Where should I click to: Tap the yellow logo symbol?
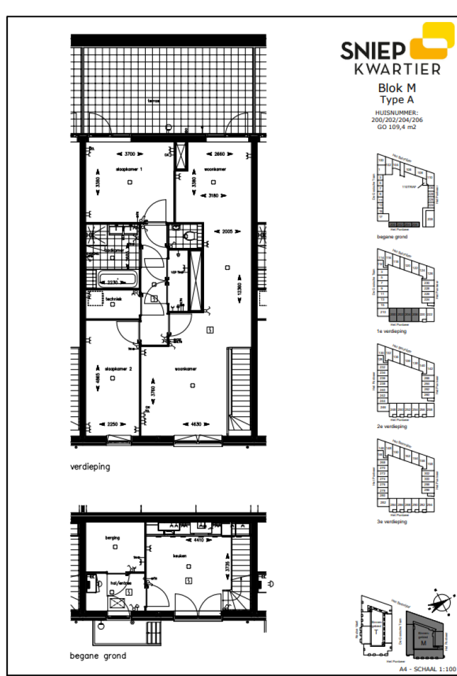point(430,41)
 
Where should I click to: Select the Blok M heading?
point(397,89)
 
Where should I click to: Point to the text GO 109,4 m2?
point(397,126)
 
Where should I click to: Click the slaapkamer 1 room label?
point(129,170)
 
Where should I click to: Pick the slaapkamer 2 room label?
point(118,369)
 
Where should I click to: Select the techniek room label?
point(114,299)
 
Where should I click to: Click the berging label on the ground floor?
point(113,537)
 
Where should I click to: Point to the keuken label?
point(181,556)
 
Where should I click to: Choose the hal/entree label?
point(120,583)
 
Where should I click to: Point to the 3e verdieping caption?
point(393,521)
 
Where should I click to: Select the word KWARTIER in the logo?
point(397,69)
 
